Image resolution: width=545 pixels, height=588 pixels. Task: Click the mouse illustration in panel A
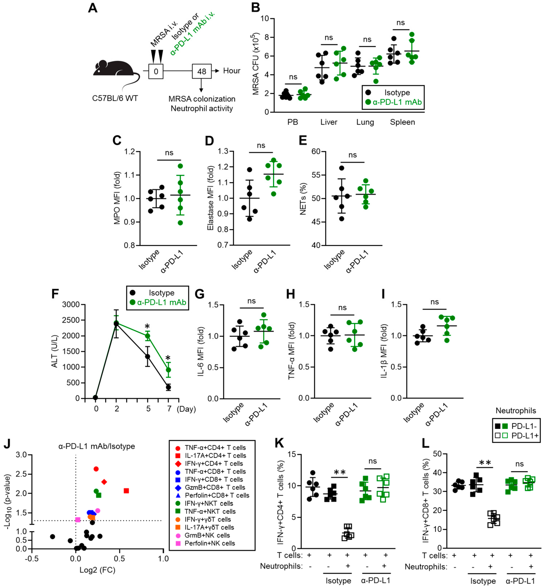(x=115, y=74)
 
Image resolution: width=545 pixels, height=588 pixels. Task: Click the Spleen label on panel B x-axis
(x=402, y=122)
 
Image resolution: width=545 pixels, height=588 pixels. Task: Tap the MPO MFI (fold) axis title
(x=117, y=198)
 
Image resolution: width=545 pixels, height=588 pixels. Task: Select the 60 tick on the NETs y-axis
(x=316, y=151)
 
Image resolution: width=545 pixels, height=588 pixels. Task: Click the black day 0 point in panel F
(x=95, y=397)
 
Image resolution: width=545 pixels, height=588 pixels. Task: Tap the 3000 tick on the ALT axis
(x=71, y=304)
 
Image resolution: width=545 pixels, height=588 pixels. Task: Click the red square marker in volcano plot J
(x=126, y=490)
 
